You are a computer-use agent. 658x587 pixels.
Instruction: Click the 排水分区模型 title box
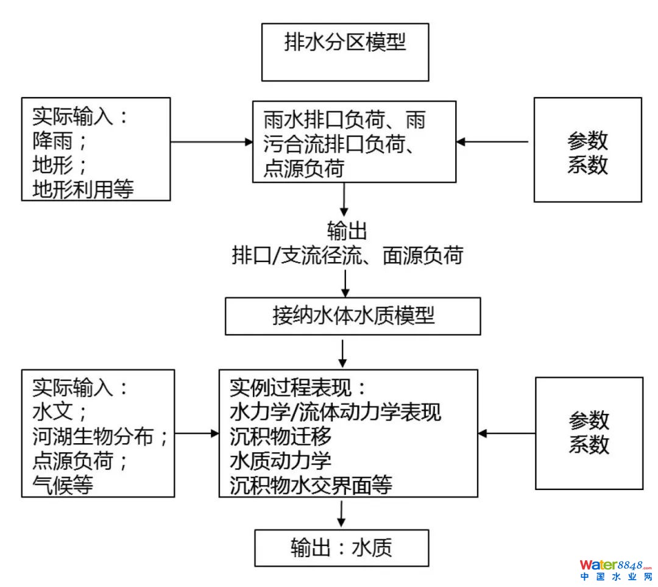point(345,52)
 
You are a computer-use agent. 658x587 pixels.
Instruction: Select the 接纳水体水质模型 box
point(353,316)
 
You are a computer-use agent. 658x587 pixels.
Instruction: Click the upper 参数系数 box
point(587,150)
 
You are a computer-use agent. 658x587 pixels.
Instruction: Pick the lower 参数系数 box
point(589,433)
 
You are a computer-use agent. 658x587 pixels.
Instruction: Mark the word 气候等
point(64,485)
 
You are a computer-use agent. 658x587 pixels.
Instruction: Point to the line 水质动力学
point(281,461)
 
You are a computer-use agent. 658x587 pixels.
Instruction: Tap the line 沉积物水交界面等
point(311,485)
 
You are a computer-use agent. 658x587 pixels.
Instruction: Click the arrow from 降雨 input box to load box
point(211,142)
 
